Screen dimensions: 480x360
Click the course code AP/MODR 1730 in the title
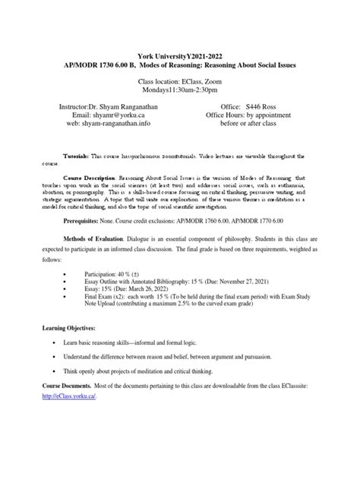103,66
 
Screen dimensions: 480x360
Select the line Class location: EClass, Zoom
180,81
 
